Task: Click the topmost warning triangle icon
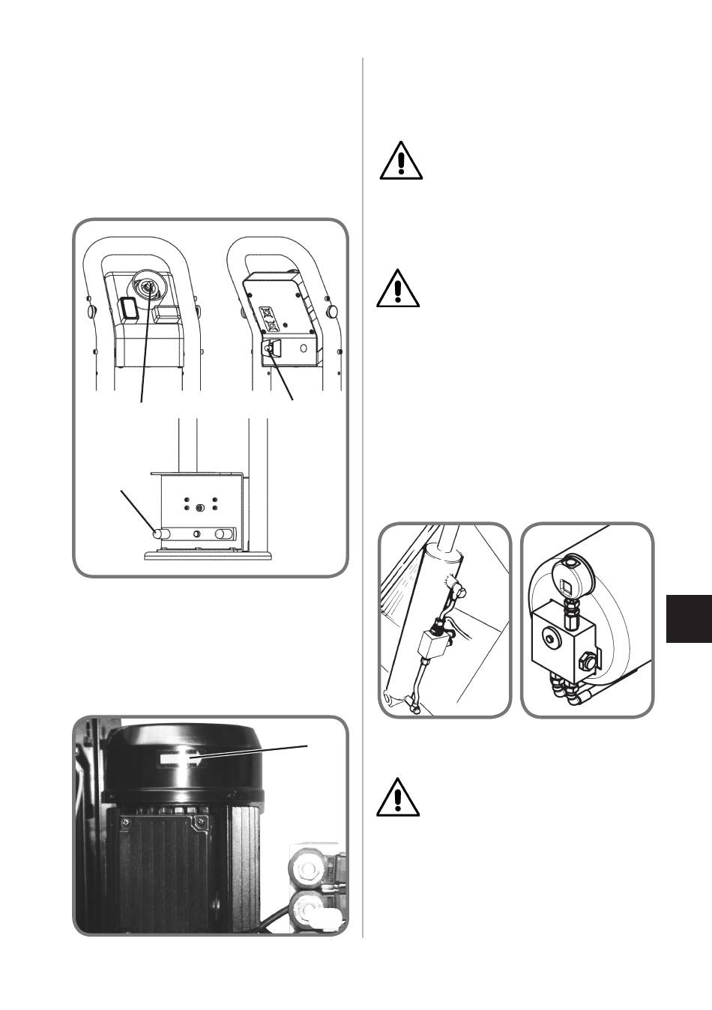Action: click(x=401, y=161)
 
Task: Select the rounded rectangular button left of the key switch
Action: click(x=126, y=309)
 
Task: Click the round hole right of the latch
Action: click(x=304, y=348)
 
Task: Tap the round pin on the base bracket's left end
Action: click(x=158, y=534)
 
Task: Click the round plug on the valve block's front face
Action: click(x=553, y=639)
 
